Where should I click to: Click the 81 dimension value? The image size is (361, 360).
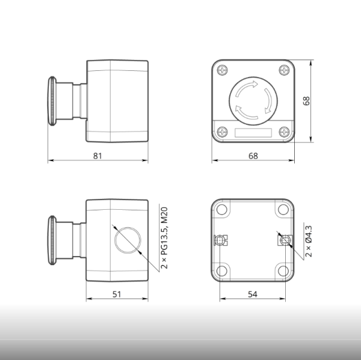[x=97, y=156]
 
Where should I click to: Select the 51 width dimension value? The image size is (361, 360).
[x=117, y=294]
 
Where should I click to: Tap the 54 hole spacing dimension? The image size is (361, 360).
[x=253, y=294]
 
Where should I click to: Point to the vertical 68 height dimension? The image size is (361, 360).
[x=306, y=101]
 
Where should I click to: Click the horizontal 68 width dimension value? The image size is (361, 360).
[x=253, y=156]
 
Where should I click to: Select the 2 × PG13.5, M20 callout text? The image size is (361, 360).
[x=164, y=238]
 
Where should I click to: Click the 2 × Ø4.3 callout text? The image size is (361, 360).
[x=308, y=242]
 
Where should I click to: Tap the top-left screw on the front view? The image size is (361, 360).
[x=223, y=70]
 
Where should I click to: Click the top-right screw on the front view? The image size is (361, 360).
[x=284, y=70]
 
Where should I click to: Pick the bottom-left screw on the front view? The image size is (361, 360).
[x=223, y=132]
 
